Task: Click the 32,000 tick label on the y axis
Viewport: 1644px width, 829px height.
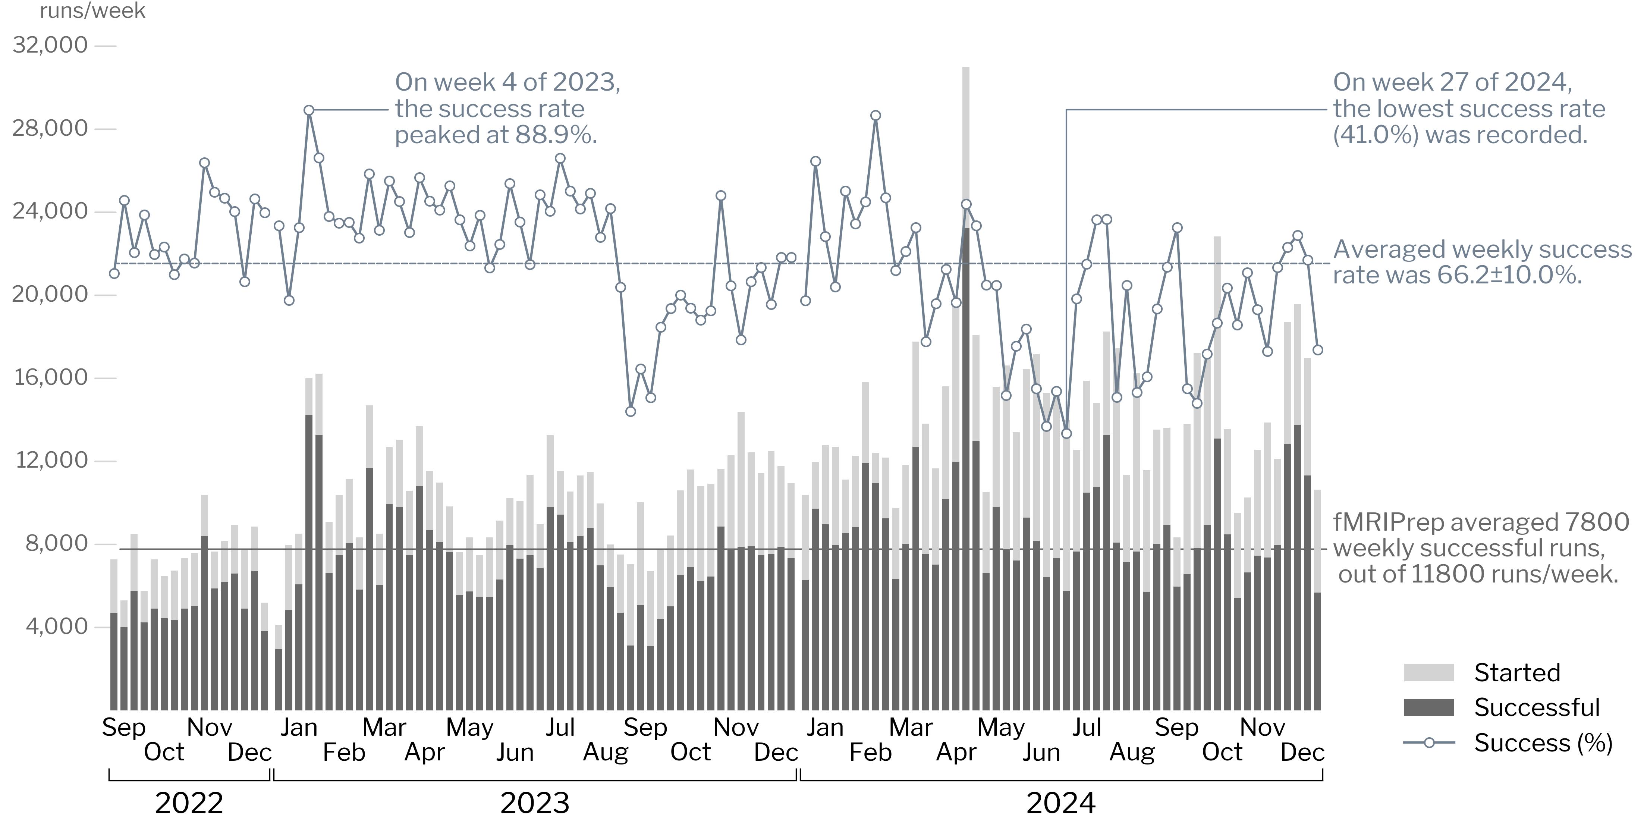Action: point(50,45)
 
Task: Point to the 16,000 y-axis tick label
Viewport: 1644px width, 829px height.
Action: point(51,377)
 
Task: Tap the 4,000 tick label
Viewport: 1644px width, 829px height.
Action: point(56,627)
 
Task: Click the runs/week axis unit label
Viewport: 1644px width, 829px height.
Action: point(92,11)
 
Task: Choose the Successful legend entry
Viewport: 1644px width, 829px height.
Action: point(1536,707)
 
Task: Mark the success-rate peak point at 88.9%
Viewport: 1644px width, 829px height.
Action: point(309,110)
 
